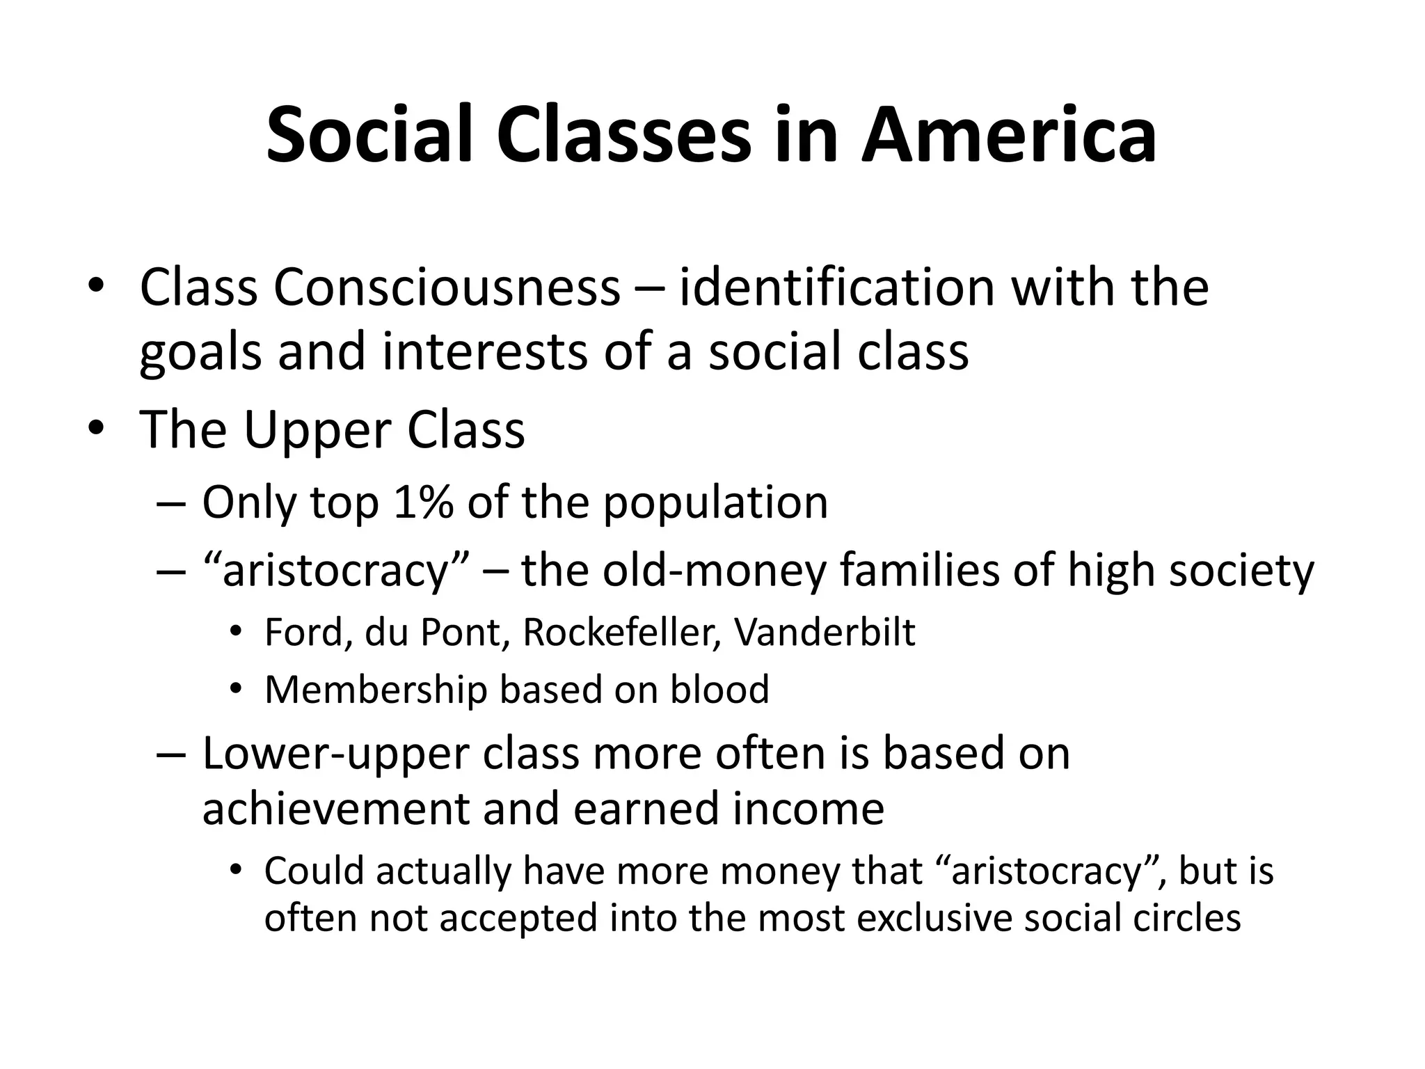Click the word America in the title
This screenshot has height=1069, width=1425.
[x=1009, y=135]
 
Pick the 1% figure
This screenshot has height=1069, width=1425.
[x=422, y=502]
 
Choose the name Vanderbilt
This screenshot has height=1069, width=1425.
[x=825, y=633]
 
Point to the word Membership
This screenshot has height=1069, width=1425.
[x=376, y=690]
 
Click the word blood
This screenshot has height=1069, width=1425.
[x=719, y=690]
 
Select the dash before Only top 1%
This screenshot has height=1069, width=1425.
[x=171, y=503]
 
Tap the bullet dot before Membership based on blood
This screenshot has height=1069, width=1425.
[x=236, y=689]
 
